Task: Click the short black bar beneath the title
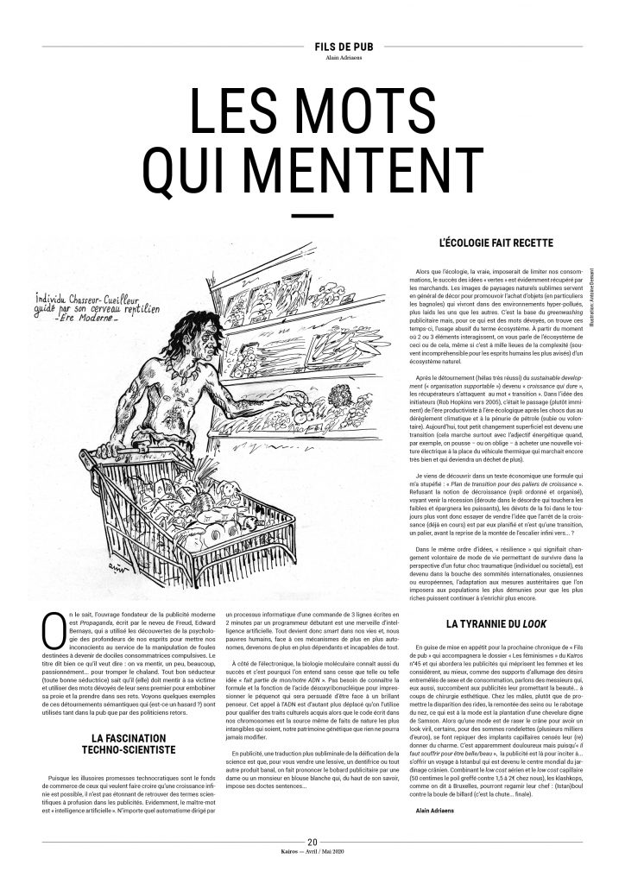pos(312,215)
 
